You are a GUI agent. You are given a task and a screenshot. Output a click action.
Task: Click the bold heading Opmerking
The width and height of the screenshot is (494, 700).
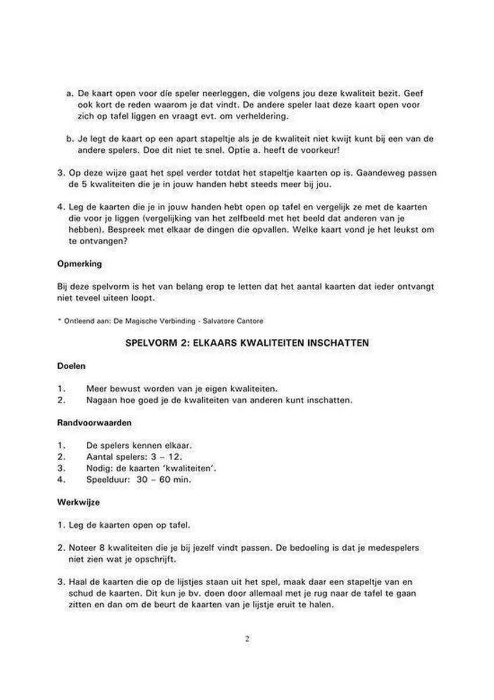pos(80,264)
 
